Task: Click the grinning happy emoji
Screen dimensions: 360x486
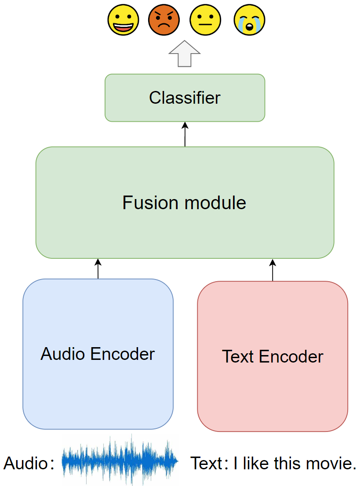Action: click(123, 20)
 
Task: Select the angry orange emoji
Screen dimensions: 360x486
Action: click(164, 20)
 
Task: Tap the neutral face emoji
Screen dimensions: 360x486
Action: click(205, 20)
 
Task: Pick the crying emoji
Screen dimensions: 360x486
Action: click(249, 20)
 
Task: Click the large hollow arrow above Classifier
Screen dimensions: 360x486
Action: click(185, 54)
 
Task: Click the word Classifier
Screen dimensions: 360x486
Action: click(185, 98)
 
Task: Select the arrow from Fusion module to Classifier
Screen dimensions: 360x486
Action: click(185, 134)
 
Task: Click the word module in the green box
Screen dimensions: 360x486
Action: click(215, 203)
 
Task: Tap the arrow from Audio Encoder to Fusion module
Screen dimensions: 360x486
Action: click(98, 269)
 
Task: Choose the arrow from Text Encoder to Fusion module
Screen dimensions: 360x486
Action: click(273, 270)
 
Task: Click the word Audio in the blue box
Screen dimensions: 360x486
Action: click(62, 354)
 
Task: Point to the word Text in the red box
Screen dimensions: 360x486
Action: click(238, 356)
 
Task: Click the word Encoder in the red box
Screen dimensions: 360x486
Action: click(291, 356)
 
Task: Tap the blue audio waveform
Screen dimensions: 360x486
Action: click(120, 461)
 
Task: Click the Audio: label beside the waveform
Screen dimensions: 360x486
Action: click(29, 464)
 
